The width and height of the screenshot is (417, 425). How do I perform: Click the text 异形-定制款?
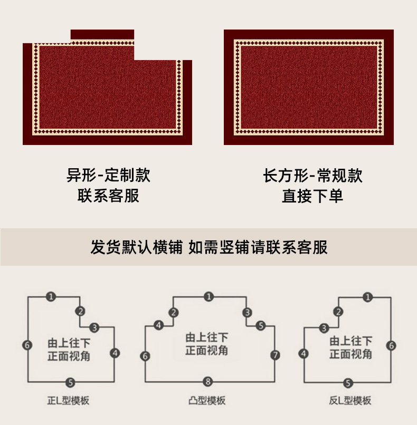pyautogui.click(x=108, y=175)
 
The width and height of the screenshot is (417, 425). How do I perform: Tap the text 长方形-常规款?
pyautogui.click(x=312, y=175)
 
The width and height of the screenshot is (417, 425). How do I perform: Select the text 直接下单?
pyautogui.click(x=312, y=196)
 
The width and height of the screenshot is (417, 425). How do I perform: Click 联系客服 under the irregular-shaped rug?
pyautogui.click(x=108, y=196)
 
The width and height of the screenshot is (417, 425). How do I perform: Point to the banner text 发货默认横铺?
pyautogui.click(x=136, y=247)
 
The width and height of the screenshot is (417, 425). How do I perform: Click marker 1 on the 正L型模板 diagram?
pyautogui.click(x=50, y=297)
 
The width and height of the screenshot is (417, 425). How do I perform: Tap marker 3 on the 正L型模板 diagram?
pyautogui.click(x=94, y=327)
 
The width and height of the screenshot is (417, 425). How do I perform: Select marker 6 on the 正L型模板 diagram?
pyautogui.click(x=28, y=345)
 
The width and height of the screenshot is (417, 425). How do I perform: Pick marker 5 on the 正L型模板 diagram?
pyautogui.click(x=70, y=382)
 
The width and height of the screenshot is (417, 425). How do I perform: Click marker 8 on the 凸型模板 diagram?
pyautogui.click(x=209, y=381)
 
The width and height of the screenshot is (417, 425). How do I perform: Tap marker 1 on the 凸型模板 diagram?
pyautogui.click(x=209, y=297)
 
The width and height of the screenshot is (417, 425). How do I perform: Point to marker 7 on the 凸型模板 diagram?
pyautogui.click(x=275, y=355)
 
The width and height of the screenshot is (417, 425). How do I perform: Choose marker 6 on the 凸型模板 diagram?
pyautogui.click(x=145, y=356)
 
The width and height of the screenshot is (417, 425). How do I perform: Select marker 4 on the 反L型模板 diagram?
pyautogui.click(x=304, y=354)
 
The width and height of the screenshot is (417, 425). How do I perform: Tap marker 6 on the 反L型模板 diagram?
pyautogui.click(x=391, y=345)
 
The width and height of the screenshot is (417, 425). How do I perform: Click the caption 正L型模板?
pyautogui.click(x=69, y=401)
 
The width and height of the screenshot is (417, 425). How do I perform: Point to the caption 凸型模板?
pyautogui.click(x=208, y=401)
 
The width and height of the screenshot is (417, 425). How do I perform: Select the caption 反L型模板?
pyautogui.click(x=349, y=401)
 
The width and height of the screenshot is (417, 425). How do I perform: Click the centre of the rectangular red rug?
pyautogui.click(x=309, y=88)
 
